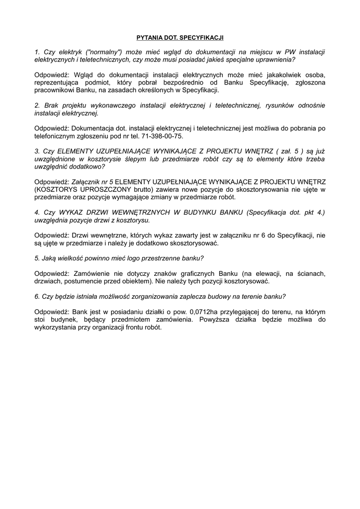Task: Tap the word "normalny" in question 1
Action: (104, 52)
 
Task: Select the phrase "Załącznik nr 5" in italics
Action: (93, 182)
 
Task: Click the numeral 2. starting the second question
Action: (37, 106)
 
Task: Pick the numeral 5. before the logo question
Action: (37, 258)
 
